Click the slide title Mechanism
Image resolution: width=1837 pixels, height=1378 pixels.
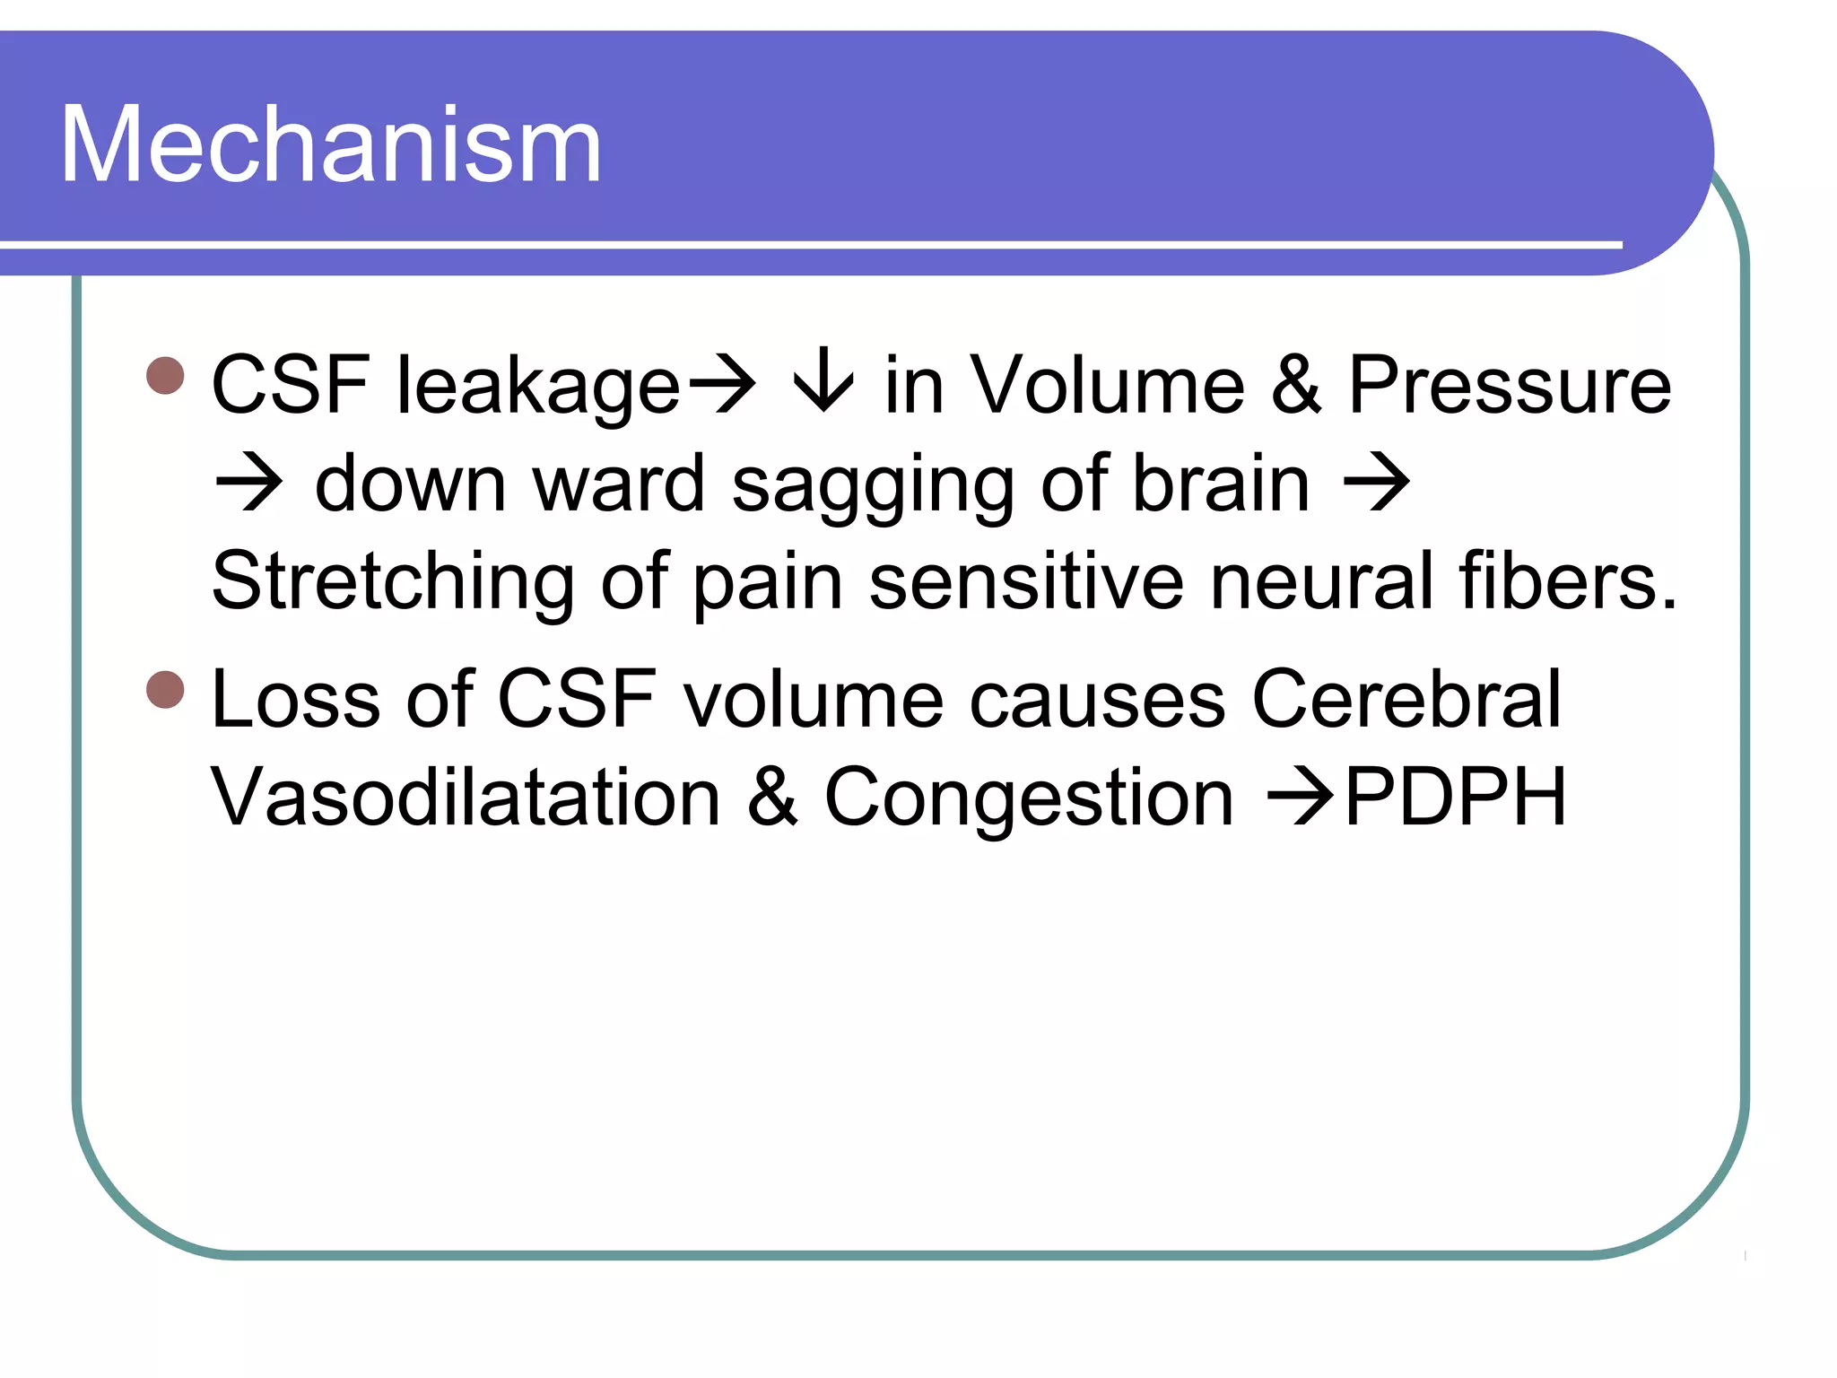coord(330,145)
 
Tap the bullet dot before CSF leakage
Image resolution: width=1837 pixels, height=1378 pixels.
coord(165,376)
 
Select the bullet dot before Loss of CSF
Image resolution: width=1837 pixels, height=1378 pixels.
coord(165,690)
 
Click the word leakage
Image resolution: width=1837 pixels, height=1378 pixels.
coord(539,387)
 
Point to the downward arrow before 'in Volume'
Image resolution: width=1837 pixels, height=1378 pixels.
coord(822,385)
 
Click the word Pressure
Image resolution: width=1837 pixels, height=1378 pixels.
coord(1510,385)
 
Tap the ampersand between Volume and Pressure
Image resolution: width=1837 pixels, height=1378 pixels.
coord(1296,385)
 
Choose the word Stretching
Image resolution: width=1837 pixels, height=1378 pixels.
coord(393,582)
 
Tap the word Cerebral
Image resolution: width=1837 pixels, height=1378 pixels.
coord(1406,699)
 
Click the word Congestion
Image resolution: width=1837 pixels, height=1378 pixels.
coord(1029,798)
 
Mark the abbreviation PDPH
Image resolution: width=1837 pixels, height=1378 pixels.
coord(1456,797)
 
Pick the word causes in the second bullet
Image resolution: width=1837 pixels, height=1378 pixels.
coord(1097,701)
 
